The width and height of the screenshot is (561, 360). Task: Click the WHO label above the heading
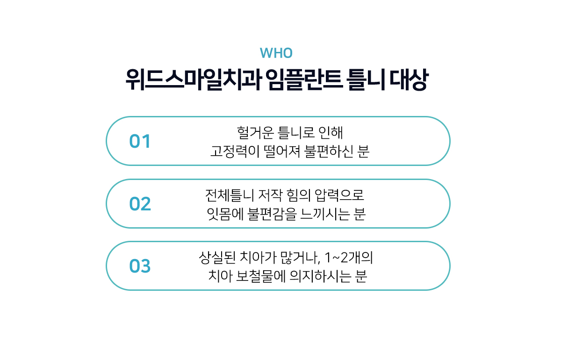pos(276,53)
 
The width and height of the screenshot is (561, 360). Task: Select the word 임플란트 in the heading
pos(304,79)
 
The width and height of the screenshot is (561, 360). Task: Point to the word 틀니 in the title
pos(366,79)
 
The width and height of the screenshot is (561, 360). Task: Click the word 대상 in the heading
pos(409,79)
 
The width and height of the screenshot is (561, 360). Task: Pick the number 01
pos(140,141)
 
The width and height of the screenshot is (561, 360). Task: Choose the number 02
pos(140,204)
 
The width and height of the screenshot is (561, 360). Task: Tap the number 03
pos(140,266)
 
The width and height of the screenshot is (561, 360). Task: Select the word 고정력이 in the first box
pos(235,151)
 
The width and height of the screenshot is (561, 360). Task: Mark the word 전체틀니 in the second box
pos(230,195)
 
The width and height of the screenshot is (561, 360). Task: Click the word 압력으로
pos(339,195)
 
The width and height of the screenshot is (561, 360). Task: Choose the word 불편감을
pos(272,214)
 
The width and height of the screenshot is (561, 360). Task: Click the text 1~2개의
pos(349,258)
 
